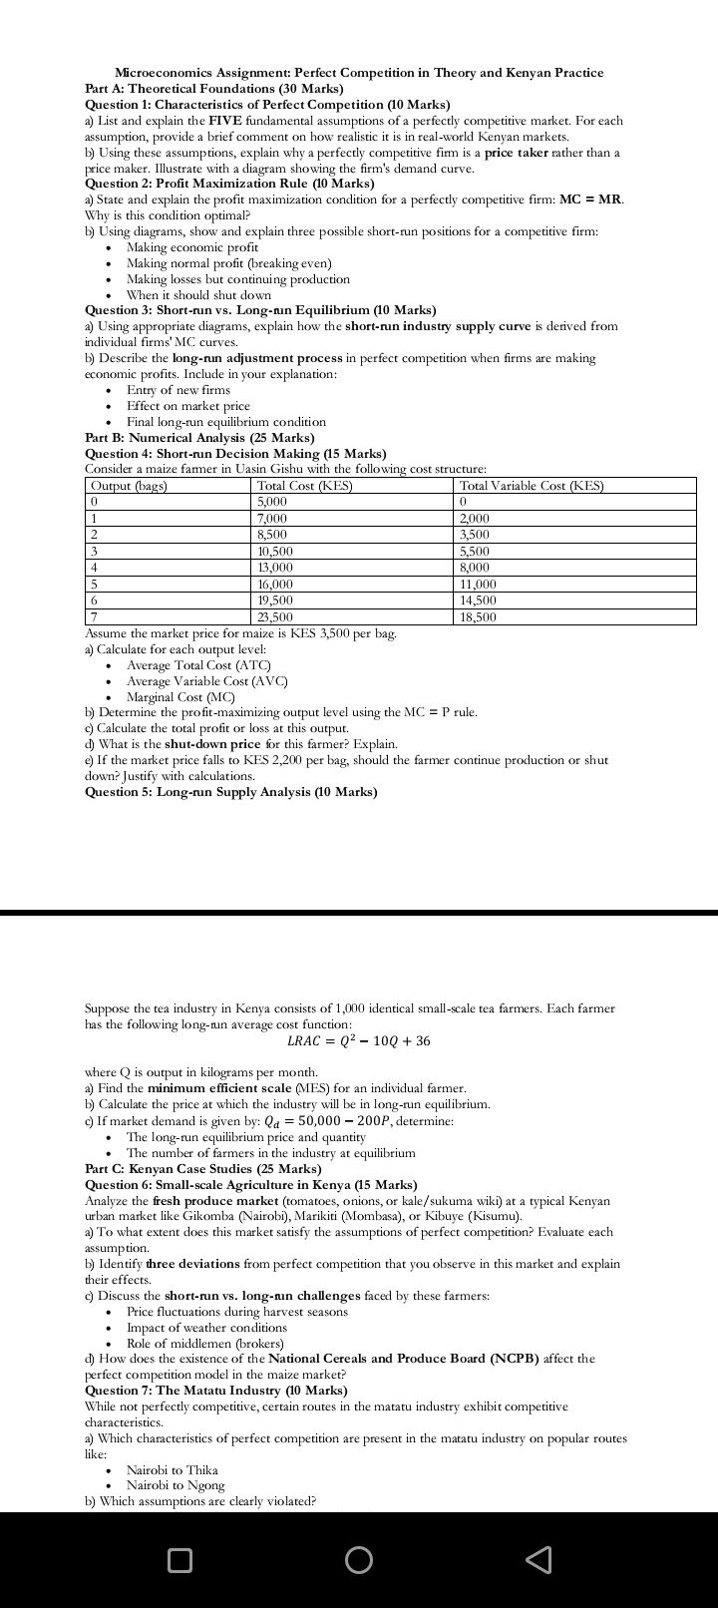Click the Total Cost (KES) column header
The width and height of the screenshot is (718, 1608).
coord(304,486)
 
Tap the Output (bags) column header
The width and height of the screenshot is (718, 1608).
coord(129,486)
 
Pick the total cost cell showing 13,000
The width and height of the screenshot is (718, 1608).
coord(275,568)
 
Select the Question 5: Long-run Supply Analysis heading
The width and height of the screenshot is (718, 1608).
coord(231,792)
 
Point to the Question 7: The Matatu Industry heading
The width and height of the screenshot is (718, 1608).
coord(216,1390)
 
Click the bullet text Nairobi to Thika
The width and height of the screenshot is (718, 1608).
coord(173,1469)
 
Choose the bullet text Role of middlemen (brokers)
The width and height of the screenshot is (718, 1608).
coord(205,1343)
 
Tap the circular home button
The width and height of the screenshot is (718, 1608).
coord(359,1559)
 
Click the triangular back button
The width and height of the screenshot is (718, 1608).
coord(538,1559)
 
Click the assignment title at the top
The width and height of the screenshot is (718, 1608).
coord(359,73)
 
